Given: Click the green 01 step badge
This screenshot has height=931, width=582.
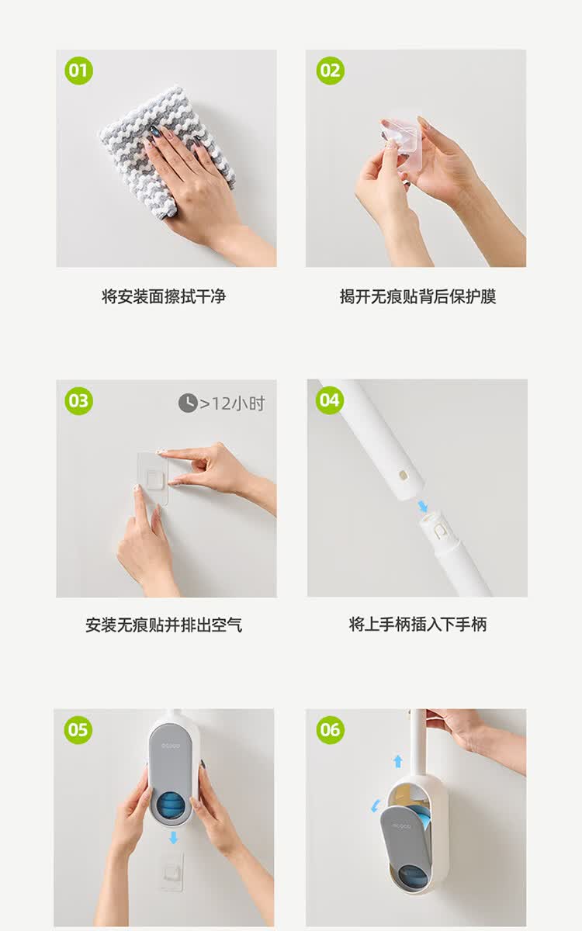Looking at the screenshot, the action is click(x=78, y=71).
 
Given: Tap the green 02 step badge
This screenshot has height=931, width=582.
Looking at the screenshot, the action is click(x=331, y=71).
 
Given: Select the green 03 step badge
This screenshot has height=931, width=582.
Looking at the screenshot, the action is click(x=78, y=401).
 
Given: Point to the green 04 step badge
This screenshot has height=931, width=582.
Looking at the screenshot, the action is click(x=330, y=400).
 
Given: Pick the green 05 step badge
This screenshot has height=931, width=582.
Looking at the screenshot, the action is click(x=78, y=730).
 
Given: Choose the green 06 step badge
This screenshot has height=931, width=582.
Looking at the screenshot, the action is click(x=331, y=730).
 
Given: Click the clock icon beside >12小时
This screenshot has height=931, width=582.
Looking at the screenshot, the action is click(x=188, y=403).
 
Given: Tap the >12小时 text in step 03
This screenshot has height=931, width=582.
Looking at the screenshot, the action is click(x=232, y=403).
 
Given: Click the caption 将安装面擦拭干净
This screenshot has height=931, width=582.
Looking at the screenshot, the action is click(x=164, y=296).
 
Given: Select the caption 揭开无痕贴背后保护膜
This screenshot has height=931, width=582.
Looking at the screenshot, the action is click(x=417, y=296).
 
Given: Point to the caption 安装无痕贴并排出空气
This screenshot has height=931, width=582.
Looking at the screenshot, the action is click(x=164, y=625).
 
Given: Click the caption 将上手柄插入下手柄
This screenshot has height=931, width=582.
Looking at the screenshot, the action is click(x=417, y=625).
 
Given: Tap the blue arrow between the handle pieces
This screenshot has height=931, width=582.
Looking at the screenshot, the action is click(x=422, y=506).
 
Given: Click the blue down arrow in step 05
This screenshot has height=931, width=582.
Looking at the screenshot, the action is click(x=174, y=837).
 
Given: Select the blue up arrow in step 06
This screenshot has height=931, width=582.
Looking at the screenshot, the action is click(x=398, y=761).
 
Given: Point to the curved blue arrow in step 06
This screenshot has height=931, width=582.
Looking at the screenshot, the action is click(x=376, y=806).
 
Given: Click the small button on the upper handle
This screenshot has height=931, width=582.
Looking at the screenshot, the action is click(x=403, y=474).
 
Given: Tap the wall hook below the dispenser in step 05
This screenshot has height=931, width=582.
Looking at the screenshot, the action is click(x=172, y=870).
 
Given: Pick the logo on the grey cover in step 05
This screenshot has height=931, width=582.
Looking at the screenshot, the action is click(x=171, y=746).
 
